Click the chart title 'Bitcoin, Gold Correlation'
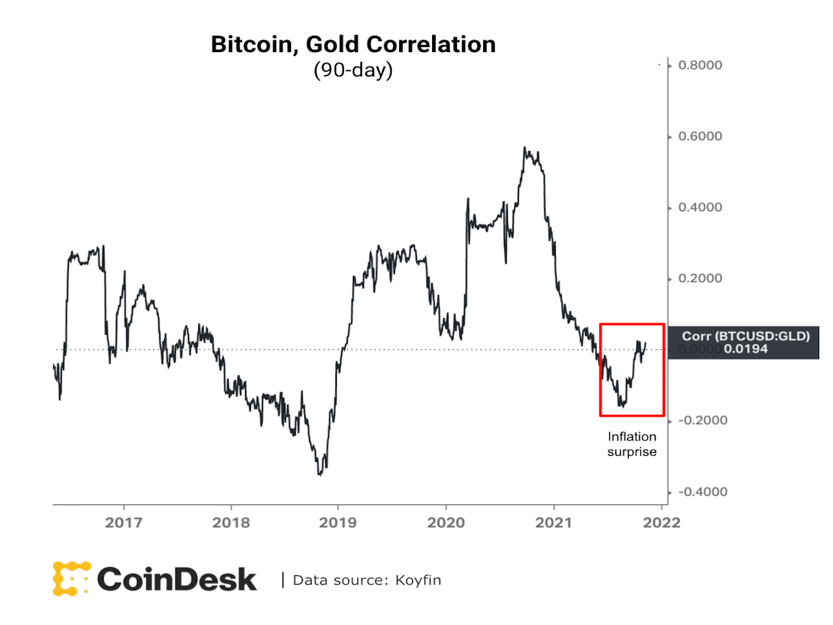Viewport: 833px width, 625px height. pos(353,45)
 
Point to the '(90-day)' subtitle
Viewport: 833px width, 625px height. pos(353,70)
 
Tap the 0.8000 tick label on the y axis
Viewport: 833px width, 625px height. pos(700,65)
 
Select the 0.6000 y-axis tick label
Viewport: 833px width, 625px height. pos(700,137)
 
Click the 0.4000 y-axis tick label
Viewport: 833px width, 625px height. pos(700,208)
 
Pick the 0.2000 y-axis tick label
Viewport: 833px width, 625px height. pos(700,278)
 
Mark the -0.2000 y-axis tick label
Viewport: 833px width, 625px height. pos(702,421)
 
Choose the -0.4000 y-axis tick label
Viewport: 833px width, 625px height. pos(702,492)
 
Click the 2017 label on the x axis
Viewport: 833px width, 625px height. pos(124,523)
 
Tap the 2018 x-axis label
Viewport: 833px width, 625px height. pos(231,523)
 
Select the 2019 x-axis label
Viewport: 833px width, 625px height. pos(338,523)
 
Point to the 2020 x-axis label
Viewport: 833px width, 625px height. pos(446,523)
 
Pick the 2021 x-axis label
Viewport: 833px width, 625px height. pos(554,523)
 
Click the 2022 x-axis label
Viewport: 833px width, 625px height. pos(662,523)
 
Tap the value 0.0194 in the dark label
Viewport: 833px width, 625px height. pos(746,349)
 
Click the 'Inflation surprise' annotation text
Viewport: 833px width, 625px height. pos(632,444)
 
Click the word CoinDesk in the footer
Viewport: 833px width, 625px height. pos(176,579)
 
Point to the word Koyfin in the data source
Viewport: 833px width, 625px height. pos(418,580)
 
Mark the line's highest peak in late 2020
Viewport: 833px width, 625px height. pos(525,148)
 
